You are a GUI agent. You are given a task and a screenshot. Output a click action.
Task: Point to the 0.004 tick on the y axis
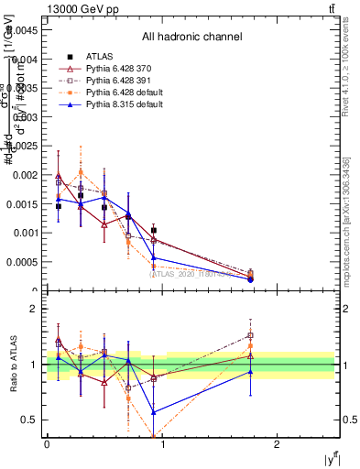click(26, 59)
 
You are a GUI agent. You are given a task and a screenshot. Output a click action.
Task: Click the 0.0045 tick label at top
click(23, 29)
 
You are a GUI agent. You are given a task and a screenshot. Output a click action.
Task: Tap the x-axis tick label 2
click(277, 443)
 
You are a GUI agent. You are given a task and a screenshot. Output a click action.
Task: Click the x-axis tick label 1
click(162, 443)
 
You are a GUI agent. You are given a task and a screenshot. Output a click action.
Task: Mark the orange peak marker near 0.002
click(82, 172)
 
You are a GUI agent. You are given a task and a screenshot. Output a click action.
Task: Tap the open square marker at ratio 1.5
click(251, 335)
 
